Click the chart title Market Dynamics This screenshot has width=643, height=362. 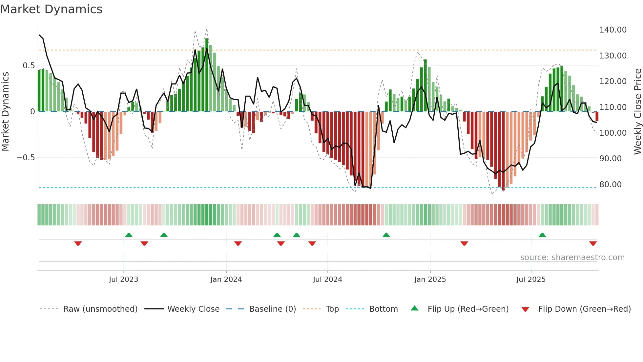point(51,9)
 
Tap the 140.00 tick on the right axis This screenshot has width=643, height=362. point(612,30)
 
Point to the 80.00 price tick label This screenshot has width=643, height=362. point(610,185)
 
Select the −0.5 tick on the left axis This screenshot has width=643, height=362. point(26,158)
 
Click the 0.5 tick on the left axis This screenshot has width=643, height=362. point(29,66)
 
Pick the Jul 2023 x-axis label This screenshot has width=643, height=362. point(123,280)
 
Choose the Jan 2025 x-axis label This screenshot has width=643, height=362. point(430,280)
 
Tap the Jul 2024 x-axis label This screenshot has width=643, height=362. point(327,280)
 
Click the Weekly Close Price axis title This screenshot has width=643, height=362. point(637,111)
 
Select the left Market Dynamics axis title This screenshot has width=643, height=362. point(5,111)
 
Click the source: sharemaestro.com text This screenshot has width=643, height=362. point(572,258)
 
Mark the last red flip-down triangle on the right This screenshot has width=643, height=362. point(593,243)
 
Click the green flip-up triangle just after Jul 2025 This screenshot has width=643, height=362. point(542,235)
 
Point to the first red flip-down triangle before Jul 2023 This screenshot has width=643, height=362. point(78,243)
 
